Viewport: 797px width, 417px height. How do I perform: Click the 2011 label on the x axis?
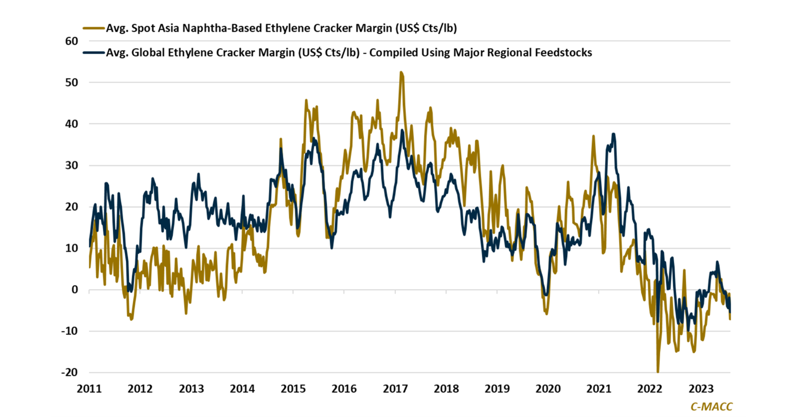coord(89,388)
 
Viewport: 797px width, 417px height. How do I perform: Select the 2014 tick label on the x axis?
coord(242,388)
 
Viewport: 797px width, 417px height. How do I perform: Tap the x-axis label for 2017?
coord(395,388)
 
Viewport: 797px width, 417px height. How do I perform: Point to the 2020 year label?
coord(548,388)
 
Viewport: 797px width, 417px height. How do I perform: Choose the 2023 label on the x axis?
coord(701,388)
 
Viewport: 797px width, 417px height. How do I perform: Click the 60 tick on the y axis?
coord(71,41)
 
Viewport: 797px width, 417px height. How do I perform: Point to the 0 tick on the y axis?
coord(75,290)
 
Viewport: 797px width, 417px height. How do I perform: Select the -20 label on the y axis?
coord(69,372)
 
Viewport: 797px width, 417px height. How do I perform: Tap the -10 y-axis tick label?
coord(69,331)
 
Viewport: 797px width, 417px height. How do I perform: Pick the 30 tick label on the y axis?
coord(71,165)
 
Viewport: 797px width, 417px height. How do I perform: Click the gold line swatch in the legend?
coord(94,28)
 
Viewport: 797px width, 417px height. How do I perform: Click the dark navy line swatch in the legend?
coord(94,53)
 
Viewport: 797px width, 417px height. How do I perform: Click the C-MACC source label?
coord(711,406)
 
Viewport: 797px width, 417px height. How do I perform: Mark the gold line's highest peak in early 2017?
coord(401,72)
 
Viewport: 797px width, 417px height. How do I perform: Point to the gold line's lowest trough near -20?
coord(658,371)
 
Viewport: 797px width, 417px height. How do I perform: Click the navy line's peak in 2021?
coord(614,134)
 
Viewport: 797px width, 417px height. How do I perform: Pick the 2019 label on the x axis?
coord(497,388)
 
